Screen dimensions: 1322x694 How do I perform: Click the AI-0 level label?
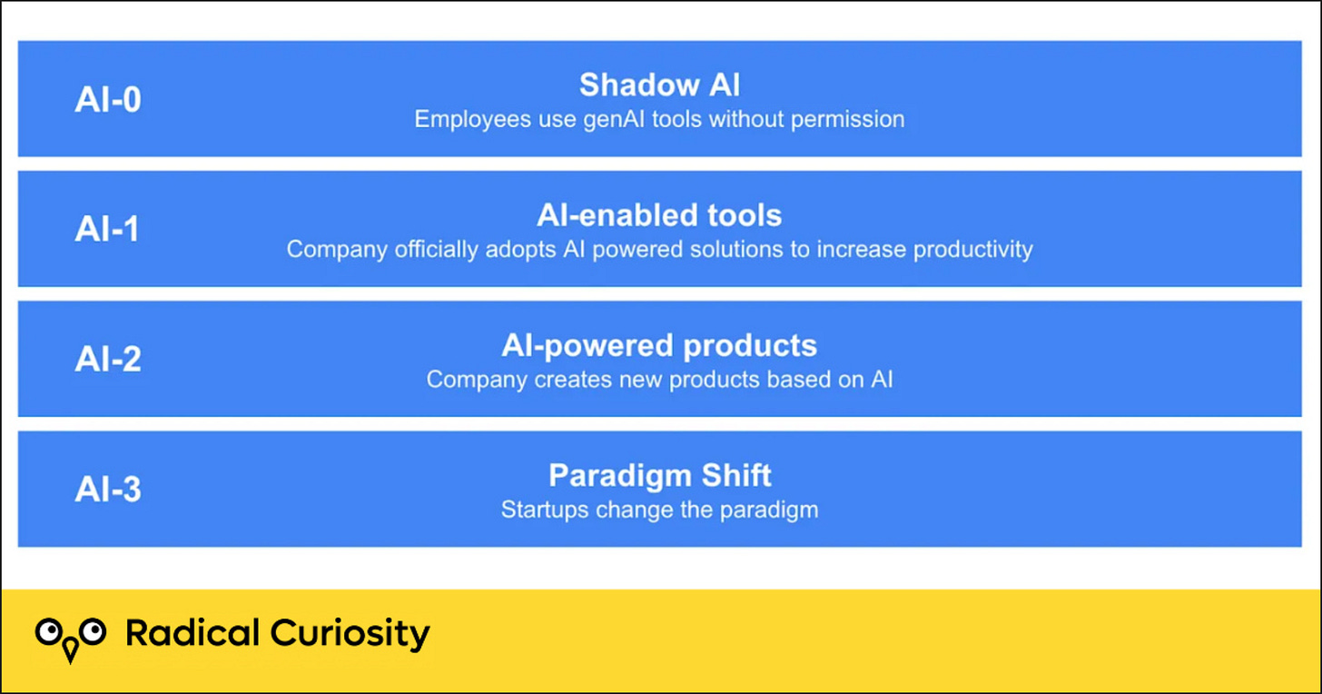click(x=108, y=99)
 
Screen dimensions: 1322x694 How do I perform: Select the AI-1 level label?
click(x=107, y=229)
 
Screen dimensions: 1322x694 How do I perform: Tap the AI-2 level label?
click(x=108, y=359)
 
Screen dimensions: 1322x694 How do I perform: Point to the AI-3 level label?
click(x=108, y=490)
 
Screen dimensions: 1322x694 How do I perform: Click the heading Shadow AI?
click(x=659, y=85)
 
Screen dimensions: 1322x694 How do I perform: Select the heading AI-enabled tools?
click(x=659, y=215)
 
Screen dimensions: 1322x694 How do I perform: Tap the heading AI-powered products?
click(x=659, y=346)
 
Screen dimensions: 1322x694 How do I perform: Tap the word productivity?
click(x=972, y=250)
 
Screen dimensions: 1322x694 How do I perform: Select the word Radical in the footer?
click(x=192, y=633)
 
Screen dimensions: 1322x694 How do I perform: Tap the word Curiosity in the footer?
click(x=350, y=635)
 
